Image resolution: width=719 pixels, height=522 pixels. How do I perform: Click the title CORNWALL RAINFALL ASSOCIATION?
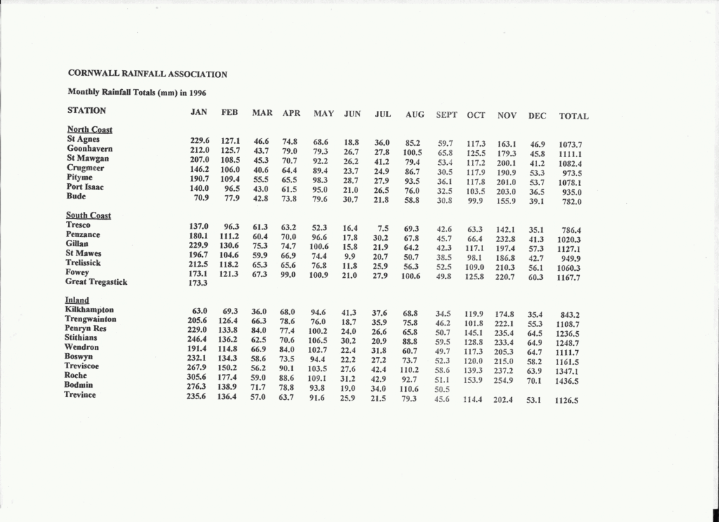click(x=147, y=74)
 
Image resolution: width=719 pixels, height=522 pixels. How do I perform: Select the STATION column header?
click(x=86, y=111)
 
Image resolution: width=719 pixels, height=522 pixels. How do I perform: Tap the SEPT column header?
click(x=447, y=114)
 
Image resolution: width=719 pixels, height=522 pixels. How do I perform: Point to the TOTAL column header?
click(x=574, y=116)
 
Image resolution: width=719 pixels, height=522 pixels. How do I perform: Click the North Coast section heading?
click(x=89, y=130)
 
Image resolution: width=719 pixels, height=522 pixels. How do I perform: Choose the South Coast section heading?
click(x=88, y=215)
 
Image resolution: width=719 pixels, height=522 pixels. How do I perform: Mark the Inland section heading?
click(x=78, y=300)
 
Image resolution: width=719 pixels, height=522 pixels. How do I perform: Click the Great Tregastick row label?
click(x=96, y=282)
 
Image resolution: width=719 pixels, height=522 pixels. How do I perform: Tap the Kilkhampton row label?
click(x=89, y=309)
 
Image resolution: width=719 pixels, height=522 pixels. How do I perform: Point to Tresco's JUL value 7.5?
click(x=383, y=228)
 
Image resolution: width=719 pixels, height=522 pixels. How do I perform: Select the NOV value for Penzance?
click(x=506, y=239)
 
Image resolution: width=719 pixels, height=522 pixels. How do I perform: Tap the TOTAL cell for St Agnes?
click(x=570, y=145)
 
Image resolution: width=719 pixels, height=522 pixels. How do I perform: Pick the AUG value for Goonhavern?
click(x=412, y=152)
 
